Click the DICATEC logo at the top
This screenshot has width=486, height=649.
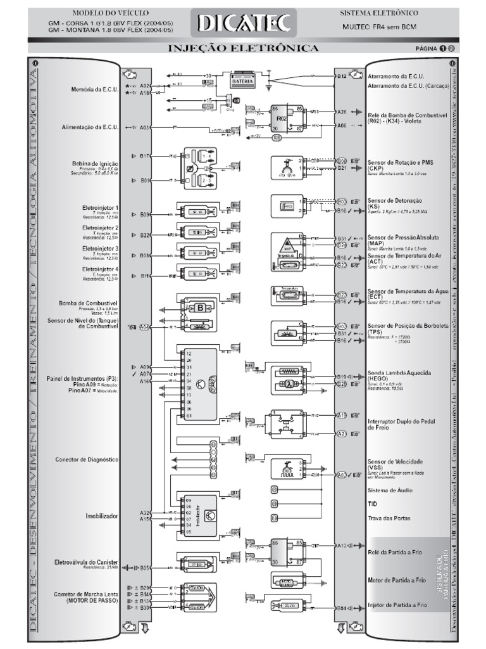pyautogui.click(x=244, y=23)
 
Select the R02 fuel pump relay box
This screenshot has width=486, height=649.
pyautogui.click(x=283, y=119)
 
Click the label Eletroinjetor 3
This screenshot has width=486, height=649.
pyautogui.click(x=101, y=248)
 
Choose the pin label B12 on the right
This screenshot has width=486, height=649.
pyautogui.click(x=342, y=75)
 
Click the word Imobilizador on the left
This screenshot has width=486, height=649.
pyautogui.click(x=102, y=516)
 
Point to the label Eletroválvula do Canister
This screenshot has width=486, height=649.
pyautogui.click(x=87, y=562)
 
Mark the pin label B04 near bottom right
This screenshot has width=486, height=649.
pyautogui.click(x=342, y=608)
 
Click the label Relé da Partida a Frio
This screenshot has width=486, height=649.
pyautogui.click(x=397, y=552)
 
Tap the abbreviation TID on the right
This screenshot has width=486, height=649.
pyautogui.click(x=372, y=503)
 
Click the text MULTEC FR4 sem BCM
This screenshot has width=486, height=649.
pyautogui.click(x=380, y=27)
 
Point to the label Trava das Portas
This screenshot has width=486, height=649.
pyautogui.click(x=389, y=518)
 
